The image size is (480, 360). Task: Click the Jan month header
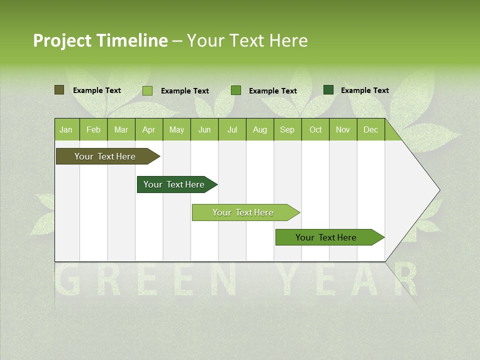pos(66,130)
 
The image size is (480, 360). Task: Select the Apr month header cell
pos(149,130)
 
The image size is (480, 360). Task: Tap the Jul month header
pos(232,130)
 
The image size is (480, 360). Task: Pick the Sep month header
pos(287,130)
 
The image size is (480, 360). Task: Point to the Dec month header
pos(370,130)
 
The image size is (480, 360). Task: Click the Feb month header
pos(93,130)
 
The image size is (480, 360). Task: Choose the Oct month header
pos(315,130)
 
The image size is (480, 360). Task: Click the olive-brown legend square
pos(59,90)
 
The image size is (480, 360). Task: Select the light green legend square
pos(147,90)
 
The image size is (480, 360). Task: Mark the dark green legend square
pos(328,90)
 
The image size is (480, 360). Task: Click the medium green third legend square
pos(236,90)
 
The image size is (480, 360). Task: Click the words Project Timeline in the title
pos(100,40)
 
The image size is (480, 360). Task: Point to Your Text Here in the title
pos(247,40)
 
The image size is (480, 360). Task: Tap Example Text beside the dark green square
pos(364,90)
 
